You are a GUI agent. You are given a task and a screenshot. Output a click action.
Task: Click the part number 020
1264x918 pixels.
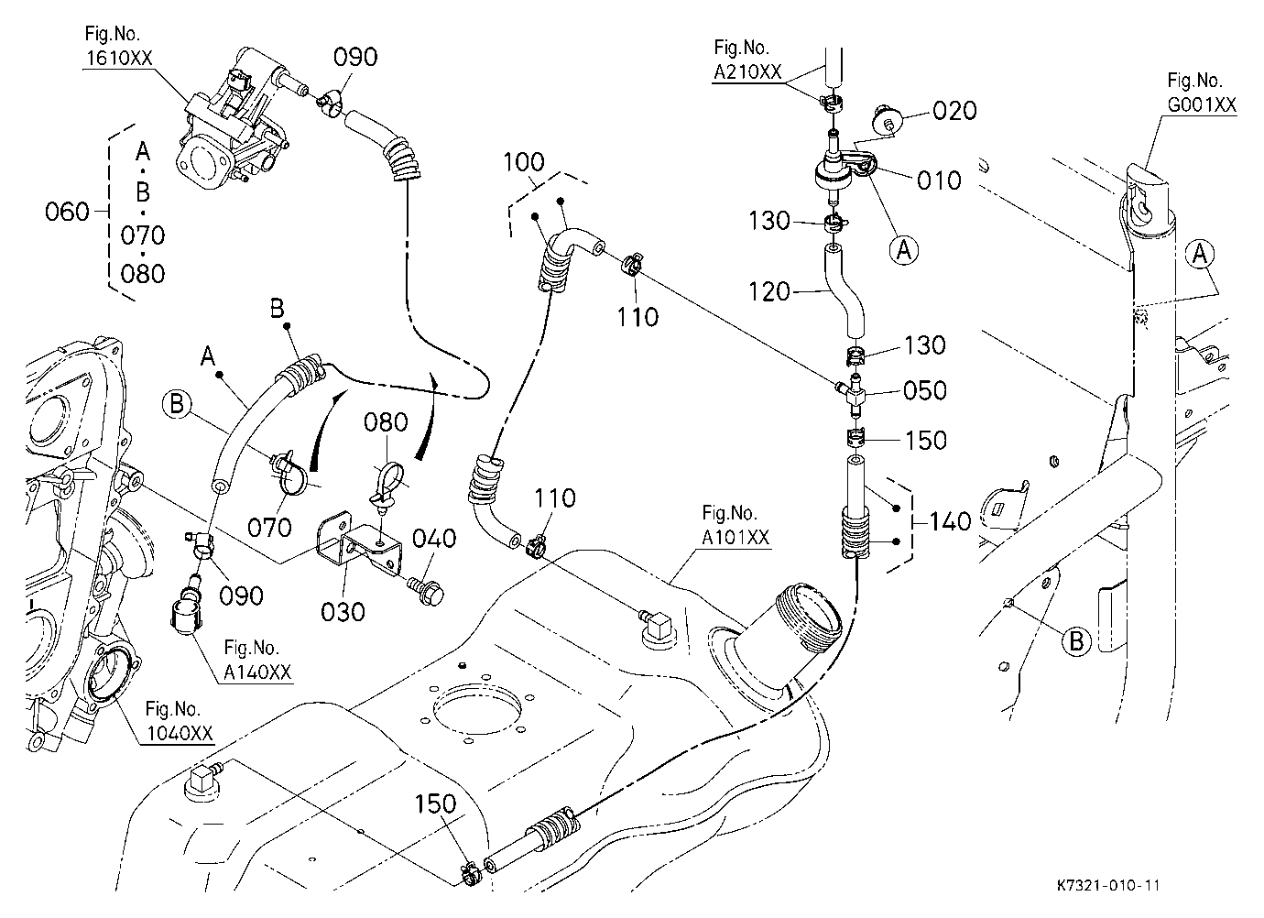[954, 111]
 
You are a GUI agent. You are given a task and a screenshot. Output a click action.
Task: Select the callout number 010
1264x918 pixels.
[939, 180]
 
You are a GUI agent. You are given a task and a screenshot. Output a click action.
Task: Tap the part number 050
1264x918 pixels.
[925, 390]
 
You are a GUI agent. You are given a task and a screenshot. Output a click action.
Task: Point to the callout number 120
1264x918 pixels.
[769, 292]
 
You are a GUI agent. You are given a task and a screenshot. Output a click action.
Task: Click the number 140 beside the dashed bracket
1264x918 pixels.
[950, 521]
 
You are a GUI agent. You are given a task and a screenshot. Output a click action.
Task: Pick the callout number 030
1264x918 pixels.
[343, 612]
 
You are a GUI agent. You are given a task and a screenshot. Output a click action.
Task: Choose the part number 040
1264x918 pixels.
[434, 539]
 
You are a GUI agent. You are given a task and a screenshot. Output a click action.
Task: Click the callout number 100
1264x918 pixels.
[524, 162]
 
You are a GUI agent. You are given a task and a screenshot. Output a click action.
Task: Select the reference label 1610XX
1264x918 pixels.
[119, 58]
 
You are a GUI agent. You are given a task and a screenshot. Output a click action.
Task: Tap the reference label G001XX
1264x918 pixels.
[1202, 105]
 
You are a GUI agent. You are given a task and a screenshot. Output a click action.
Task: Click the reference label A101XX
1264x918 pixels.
[736, 538]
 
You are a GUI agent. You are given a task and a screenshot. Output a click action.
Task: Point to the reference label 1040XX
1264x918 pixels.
[180, 733]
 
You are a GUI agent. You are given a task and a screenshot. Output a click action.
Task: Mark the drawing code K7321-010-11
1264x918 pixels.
[1108, 885]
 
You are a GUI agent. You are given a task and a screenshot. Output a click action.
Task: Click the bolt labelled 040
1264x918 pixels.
[426, 591]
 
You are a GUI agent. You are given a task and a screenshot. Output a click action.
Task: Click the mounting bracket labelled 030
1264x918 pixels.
[359, 543]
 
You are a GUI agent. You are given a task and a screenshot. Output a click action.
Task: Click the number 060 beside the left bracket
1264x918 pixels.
[67, 213]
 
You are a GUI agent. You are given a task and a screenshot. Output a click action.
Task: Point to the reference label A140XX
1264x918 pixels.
[258, 672]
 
